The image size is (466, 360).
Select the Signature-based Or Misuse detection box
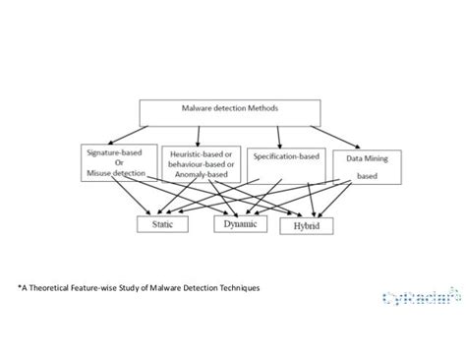(117, 162)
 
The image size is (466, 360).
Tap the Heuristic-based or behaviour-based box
(202, 162)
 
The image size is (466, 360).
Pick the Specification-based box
(284, 157)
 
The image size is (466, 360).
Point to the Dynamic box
(241, 224)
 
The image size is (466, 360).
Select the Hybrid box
(307, 226)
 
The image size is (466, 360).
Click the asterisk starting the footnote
(18, 288)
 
